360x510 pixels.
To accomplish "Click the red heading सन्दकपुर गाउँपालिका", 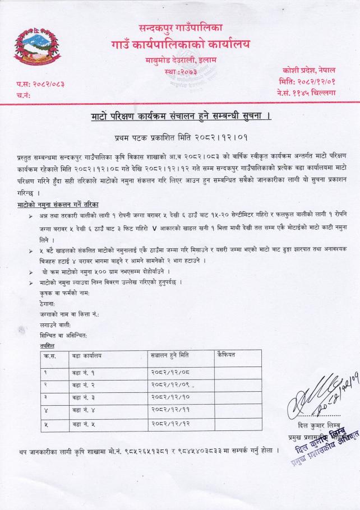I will click(x=181, y=26).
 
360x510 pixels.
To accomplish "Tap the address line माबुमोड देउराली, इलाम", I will click(x=181, y=60).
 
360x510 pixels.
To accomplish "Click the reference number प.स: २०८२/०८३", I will click(x=40, y=84).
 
